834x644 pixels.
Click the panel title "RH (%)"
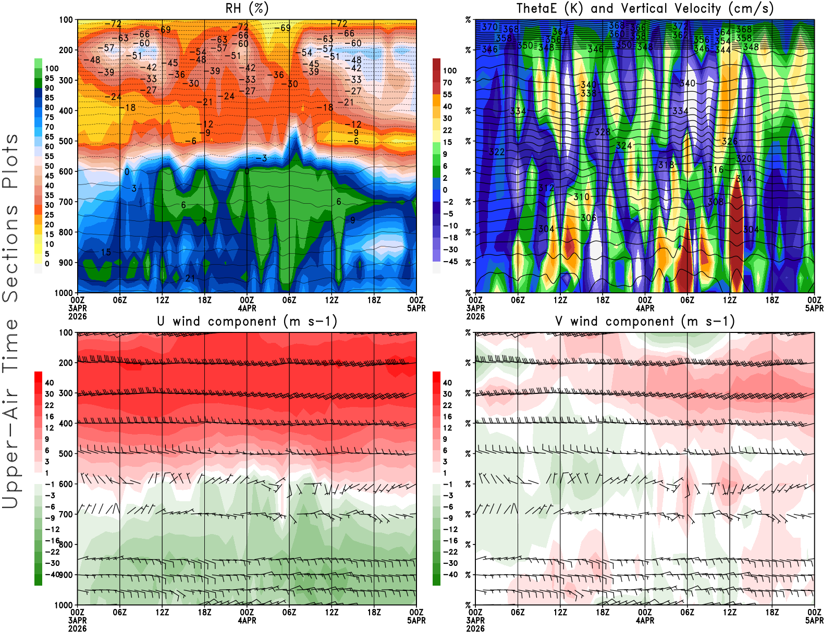247,8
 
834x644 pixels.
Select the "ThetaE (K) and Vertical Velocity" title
645,8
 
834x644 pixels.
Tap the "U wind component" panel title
247,321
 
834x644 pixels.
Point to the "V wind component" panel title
645,321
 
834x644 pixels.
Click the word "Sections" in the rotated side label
10,253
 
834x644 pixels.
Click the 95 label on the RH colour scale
50,78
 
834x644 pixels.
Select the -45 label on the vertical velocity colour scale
450,262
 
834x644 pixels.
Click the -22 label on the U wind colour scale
52,552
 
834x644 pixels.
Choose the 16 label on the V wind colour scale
447,416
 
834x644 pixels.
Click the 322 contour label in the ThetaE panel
497,152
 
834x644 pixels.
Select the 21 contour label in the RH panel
190,278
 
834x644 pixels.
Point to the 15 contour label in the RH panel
106,252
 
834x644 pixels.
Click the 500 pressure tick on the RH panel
66,141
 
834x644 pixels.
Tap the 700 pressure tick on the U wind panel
66,514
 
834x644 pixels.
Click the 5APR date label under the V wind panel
814,621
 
